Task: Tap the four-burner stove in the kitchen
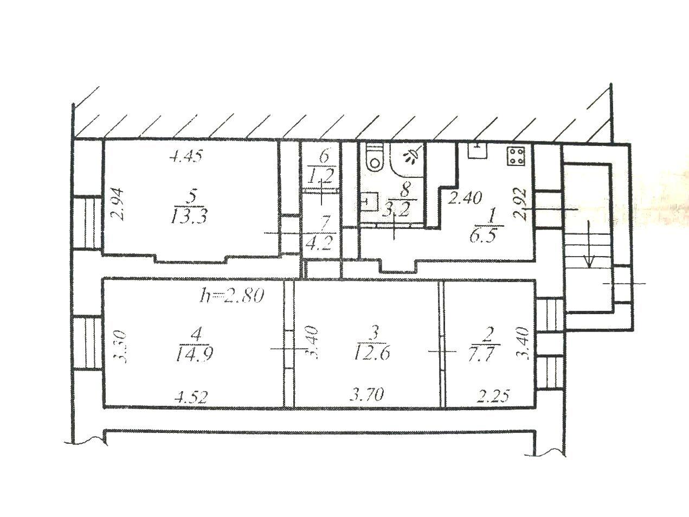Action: (516, 156)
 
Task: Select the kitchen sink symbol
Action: (477, 150)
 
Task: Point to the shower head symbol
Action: (412, 156)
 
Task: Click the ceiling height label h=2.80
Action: (231, 295)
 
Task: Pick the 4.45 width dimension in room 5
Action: (186, 156)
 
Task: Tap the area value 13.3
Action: (189, 216)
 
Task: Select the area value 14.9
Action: (195, 354)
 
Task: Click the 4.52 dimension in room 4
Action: (191, 397)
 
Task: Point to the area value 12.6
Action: (372, 354)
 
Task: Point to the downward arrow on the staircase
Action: (589, 244)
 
